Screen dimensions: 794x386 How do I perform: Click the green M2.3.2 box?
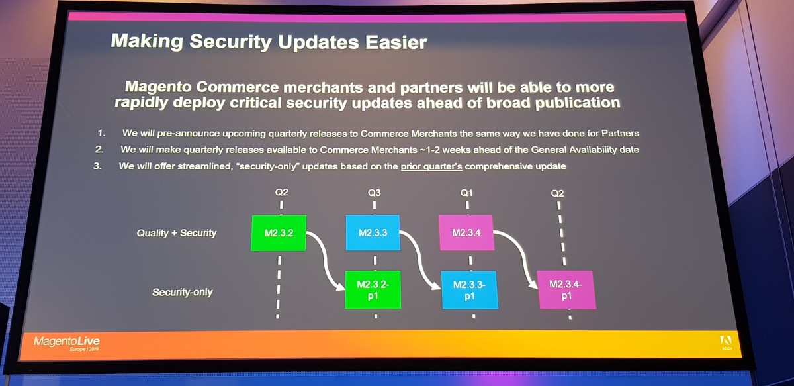[279, 233]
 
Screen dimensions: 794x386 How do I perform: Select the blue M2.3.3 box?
[373, 232]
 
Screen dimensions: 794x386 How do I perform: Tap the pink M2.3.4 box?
[466, 232]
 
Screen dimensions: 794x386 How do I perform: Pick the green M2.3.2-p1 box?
[373, 289]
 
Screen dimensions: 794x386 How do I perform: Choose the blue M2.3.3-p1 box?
[470, 290]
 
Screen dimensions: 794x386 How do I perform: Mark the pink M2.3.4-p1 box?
[566, 290]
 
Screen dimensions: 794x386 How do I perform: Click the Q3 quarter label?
[374, 193]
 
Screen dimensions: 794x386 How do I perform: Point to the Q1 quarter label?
[466, 193]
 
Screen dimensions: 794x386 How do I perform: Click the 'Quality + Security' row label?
[177, 233]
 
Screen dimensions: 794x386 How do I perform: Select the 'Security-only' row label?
[182, 292]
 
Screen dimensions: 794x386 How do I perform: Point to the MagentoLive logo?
[67, 343]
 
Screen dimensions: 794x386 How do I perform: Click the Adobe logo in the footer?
[726, 342]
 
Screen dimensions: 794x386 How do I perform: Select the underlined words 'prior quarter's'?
[431, 166]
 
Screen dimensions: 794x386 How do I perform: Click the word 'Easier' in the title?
[396, 42]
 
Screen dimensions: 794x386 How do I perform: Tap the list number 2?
[99, 150]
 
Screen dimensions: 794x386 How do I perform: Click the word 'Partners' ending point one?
[621, 133]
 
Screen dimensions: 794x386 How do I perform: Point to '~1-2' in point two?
[429, 150]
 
